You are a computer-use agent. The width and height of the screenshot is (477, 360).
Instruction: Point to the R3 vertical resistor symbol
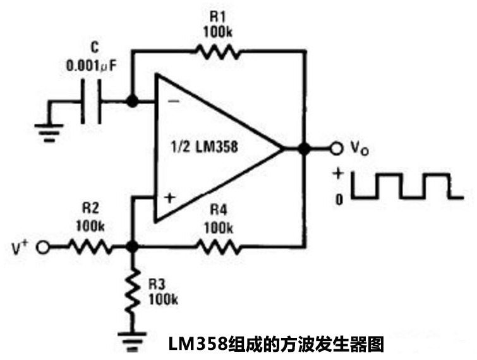pyautogui.click(x=132, y=291)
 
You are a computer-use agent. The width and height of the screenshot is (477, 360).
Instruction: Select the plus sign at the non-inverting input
pyautogui.click(x=169, y=198)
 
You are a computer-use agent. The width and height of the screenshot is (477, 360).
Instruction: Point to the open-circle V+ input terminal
pyautogui.click(x=44, y=248)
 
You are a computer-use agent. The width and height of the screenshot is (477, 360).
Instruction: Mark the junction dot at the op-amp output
pyautogui.click(x=304, y=148)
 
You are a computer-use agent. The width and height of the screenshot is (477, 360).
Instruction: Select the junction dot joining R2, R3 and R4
pyautogui.click(x=132, y=248)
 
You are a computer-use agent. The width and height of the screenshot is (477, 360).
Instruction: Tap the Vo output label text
pyautogui.click(x=359, y=149)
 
